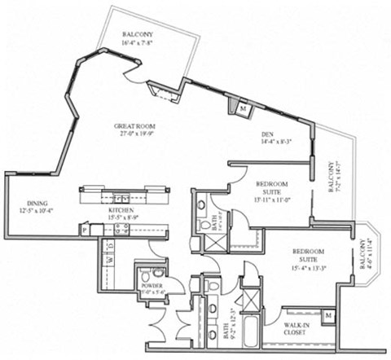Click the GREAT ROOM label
coord(135,126)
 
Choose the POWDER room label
coord(150,286)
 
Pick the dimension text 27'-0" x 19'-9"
coord(135,135)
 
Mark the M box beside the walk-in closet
coord(327,314)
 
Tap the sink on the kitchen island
coord(119,196)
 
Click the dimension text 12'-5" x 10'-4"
coord(38,212)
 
